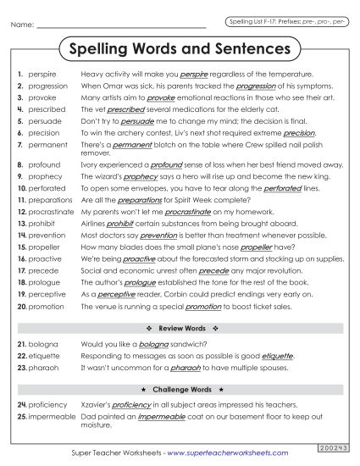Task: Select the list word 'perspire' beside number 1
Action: tap(42, 75)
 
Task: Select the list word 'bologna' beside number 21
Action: tap(42, 345)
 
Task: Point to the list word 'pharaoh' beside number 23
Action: tap(42, 369)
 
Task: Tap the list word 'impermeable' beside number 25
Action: tap(52, 417)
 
